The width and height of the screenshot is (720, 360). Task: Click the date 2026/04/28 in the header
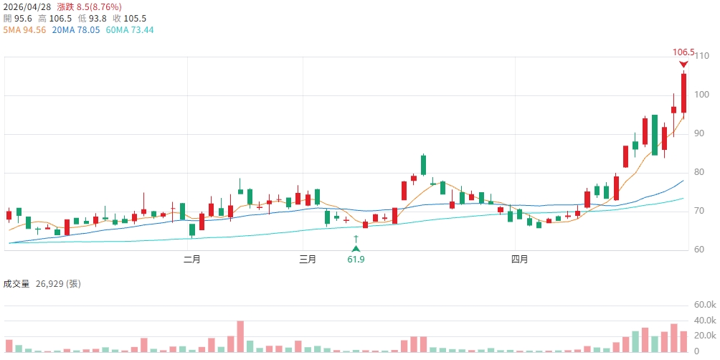[x=27, y=6]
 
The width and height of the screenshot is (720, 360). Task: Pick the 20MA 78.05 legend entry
[x=75, y=30]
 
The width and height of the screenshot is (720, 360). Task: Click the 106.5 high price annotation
[x=683, y=52]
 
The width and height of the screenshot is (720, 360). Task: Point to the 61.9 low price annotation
[x=356, y=259]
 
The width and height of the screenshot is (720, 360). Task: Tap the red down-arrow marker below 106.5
[x=683, y=65]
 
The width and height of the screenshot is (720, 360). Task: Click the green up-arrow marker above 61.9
[x=356, y=247]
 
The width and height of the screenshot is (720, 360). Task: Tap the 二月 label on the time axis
[x=191, y=259]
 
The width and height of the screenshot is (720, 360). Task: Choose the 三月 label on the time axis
[x=307, y=259]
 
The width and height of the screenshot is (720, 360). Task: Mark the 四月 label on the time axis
[x=519, y=259]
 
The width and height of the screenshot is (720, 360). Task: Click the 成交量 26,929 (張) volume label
[x=42, y=284]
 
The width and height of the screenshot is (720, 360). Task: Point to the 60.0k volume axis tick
[x=704, y=305]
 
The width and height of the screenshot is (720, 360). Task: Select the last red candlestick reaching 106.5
[x=683, y=93]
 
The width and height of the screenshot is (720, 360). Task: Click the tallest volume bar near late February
[x=240, y=336]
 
